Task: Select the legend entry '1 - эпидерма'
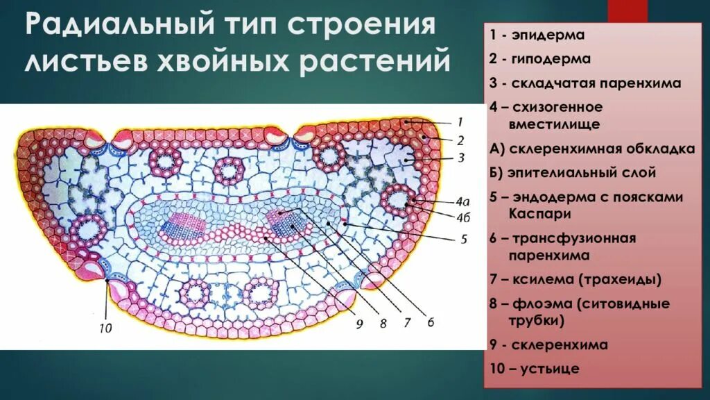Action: (x=538, y=34)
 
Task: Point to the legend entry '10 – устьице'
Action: (x=535, y=369)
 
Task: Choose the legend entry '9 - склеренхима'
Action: (x=549, y=344)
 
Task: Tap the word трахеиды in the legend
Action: (x=622, y=280)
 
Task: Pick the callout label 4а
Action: (x=444, y=203)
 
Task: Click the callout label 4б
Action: (x=444, y=216)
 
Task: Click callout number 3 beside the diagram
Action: (x=461, y=158)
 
